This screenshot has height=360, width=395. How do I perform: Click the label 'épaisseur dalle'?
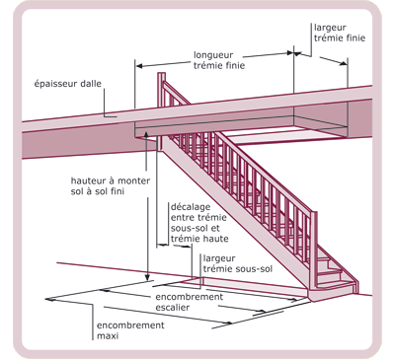tap(68, 84)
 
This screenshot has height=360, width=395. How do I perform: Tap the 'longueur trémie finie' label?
tap(219, 60)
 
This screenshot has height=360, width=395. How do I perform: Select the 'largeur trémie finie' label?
tap(340, 33)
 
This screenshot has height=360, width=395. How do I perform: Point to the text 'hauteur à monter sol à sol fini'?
tap(111, 185)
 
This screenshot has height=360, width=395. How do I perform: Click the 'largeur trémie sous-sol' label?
tap(238, 263)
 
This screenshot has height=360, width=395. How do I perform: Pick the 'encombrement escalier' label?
tap(190, 302)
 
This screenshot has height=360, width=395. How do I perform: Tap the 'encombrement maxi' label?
tap(130, 330)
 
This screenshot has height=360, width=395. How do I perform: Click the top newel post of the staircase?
tap(161, 111)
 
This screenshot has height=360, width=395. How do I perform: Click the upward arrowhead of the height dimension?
tap(146, 133)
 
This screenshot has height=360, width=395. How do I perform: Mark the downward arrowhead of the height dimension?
tap(148, 277)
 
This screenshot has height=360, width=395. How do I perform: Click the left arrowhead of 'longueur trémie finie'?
tap(139, 66)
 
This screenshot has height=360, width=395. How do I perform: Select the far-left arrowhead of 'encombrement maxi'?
tap(49, 299)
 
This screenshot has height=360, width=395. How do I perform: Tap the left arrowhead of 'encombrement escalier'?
tap(104, 290)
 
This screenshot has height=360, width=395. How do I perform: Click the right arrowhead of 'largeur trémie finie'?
tap(344, 63)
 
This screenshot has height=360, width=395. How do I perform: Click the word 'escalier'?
tap(173, 308)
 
